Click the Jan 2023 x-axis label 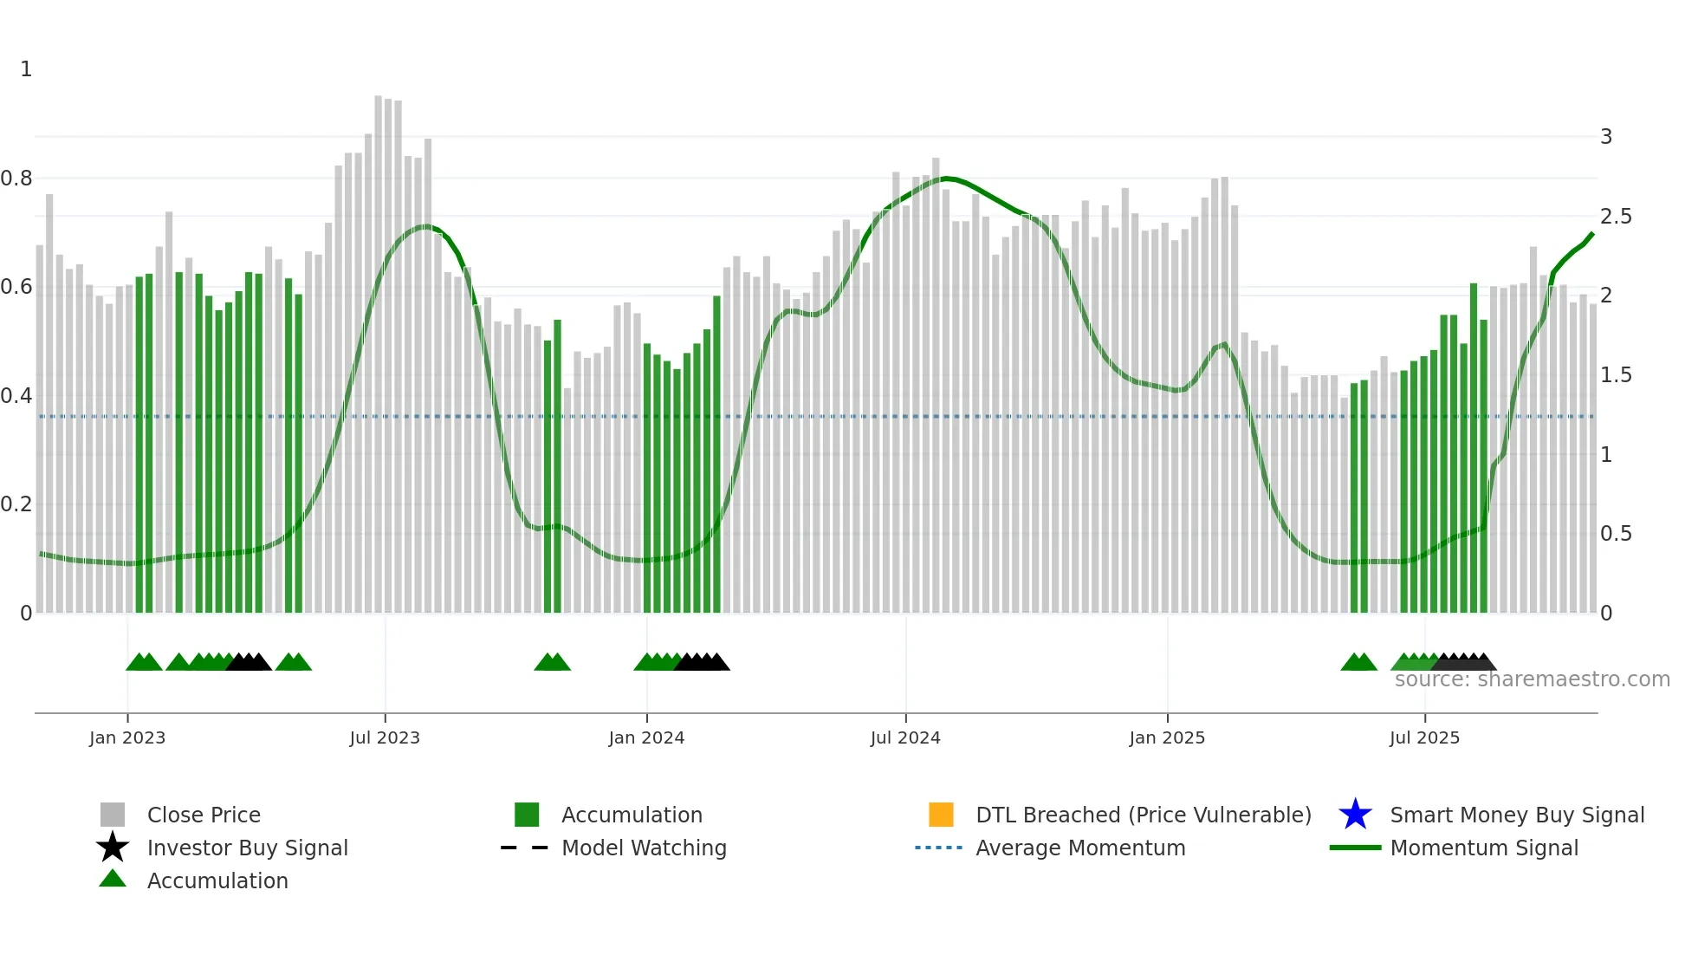[x=126, y=737]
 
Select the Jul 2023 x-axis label [x=385, y=737]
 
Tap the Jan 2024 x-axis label [x=646, y=737]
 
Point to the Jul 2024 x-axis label [x=905, y=737]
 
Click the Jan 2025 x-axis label [x=1167, y=737]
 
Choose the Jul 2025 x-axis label [x=1424, y=737]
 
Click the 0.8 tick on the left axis [x=16, y=179]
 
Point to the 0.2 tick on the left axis [x=16, y=504]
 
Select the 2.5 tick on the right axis [x=1616, y=217]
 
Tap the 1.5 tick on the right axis [x=1616, y=375]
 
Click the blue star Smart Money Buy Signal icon [x=1355, y=815]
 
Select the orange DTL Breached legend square [x=941, y=815]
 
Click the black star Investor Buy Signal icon [x=113, y=848]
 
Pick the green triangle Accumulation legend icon [x=113, y=879]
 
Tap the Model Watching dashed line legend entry [x=525, y=848]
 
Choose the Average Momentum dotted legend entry [x=939, y=848]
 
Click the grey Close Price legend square [x=113, y=815]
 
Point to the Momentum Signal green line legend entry [x=1355, y=848]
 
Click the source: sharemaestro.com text [x=1532, y=679]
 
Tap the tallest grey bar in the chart [x=379, y=347]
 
